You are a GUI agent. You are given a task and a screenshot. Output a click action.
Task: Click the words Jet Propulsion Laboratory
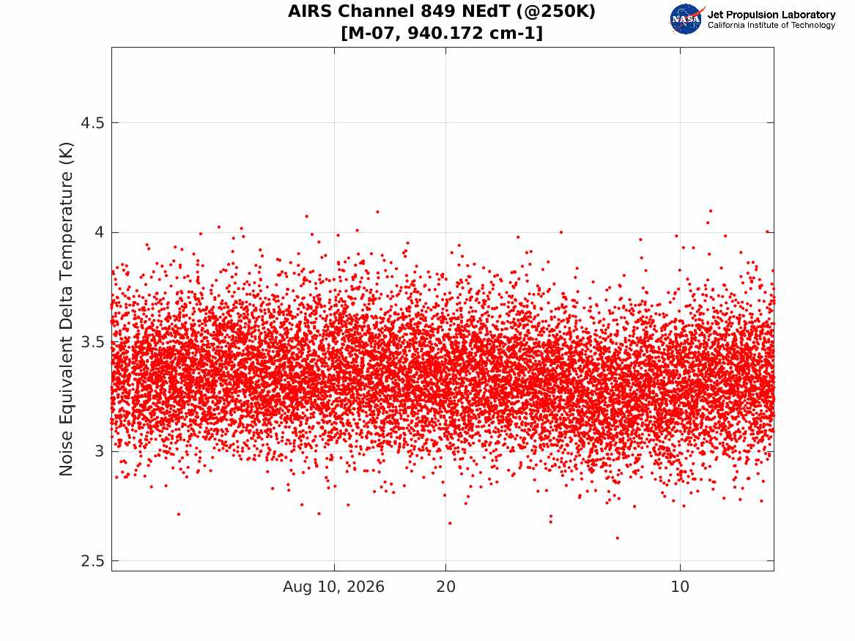[x=771, y=15]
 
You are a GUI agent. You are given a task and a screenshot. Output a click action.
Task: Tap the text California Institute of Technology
[x=771, y=25]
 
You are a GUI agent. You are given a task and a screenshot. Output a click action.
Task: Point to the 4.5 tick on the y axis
[x=92, y=123]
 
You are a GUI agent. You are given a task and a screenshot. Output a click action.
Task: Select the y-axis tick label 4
[x=99, y=233]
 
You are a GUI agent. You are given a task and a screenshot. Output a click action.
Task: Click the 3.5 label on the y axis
[x=92, y=342]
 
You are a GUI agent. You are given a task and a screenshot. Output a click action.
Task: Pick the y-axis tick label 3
[x=99, y=452]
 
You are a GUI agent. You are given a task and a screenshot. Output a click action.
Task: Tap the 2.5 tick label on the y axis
[x=92, y=561]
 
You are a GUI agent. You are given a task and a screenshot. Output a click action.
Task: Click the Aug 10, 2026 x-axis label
[x=333, y=587]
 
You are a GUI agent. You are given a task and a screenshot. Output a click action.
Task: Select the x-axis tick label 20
[x=445, y=587]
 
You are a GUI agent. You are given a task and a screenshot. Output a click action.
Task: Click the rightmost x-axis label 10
[x=680, y=587]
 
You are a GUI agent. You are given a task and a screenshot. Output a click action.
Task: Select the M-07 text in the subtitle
[x=372, y=33]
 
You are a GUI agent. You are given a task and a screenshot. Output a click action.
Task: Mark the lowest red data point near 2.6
[x=618, y=538]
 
